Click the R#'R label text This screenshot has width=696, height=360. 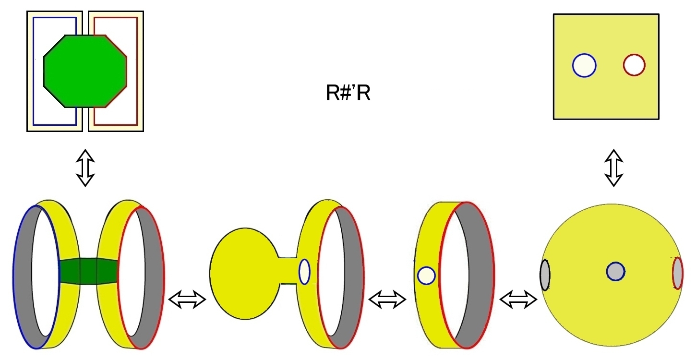point(348,93)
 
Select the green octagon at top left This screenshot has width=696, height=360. point(85,71)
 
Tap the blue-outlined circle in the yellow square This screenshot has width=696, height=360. point(584,65)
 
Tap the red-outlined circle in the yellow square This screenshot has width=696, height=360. point(634,65)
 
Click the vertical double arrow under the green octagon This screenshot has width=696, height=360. point(85,168)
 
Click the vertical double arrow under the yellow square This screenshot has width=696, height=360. point(613,168)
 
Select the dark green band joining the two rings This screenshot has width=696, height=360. point(88,271)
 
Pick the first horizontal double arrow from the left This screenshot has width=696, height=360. point(187,300)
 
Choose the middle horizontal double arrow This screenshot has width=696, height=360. point(387,300)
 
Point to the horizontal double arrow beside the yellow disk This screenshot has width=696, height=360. point(518,300)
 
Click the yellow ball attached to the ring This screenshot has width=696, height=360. point(244,274)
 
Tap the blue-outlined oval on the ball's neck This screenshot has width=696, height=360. point(304,272)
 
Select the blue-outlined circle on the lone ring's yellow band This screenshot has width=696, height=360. point(426,276)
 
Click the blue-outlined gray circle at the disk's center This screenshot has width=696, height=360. point(615,272)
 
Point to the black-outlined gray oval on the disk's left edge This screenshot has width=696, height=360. point(545,275)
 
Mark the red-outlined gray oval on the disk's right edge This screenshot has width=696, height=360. point(678,273)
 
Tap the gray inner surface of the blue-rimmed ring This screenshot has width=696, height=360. point(24,276)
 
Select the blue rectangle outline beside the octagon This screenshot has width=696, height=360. point(33,71)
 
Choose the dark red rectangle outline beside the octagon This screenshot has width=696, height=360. point(137,71)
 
